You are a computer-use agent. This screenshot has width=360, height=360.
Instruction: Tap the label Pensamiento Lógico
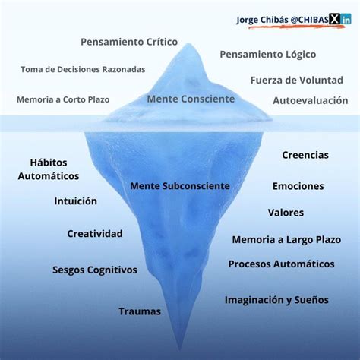[267, 55]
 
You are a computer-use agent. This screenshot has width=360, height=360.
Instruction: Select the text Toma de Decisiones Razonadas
[84, 69]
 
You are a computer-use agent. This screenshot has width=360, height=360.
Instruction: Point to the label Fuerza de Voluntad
[296, 80]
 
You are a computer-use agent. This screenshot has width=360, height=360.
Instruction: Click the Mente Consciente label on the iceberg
[191, 99]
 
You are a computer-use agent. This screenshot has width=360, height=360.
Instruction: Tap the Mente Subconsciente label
[180, 185]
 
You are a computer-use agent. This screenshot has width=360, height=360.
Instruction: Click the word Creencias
[305, 155]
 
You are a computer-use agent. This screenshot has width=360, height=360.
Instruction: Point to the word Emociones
[298, 186]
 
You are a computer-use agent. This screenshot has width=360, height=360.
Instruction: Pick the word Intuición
[75, 201]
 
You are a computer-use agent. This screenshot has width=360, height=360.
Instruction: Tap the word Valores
[286, 213]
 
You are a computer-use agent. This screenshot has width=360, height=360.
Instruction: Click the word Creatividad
[94, 234]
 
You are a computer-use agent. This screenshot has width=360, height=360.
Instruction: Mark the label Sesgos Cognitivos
[95, 270]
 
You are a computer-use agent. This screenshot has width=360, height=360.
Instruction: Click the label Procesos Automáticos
[281, 264]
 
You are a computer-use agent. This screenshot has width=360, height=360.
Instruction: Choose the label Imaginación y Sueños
[276, 299]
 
